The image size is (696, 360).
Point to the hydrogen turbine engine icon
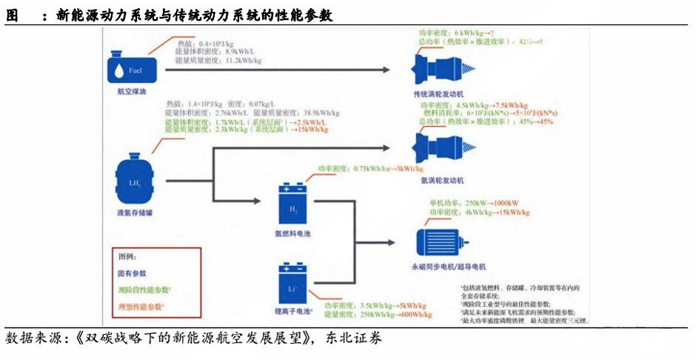[442, 145]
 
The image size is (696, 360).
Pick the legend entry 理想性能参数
[141, 306]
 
